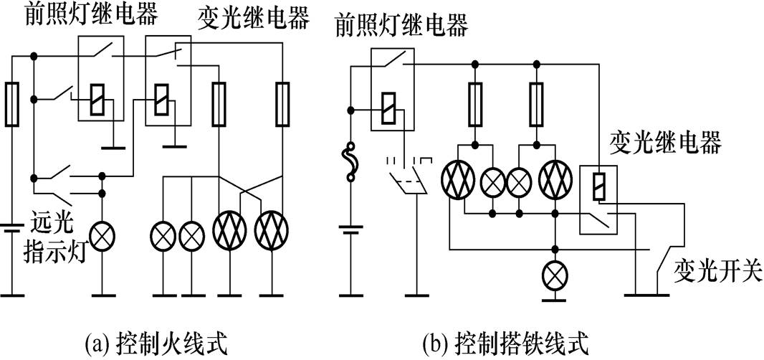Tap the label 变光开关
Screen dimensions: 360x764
click(717, 271)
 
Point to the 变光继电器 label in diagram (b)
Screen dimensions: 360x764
click(664, 142)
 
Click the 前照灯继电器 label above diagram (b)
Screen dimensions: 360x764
click(401, 27)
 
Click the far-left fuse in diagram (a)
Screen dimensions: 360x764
click(11, 104)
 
